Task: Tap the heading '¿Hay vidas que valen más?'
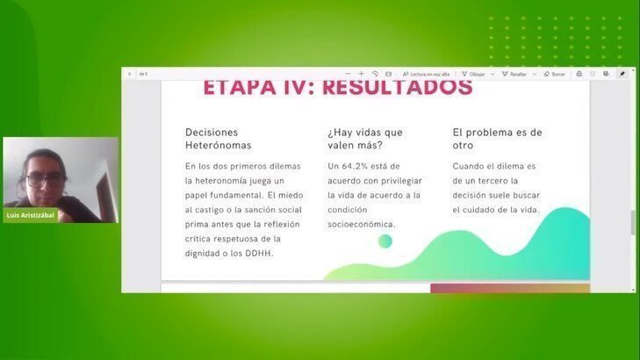(366, 138)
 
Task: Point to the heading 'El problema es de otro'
(497, 138)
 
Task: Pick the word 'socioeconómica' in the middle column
(361, 224)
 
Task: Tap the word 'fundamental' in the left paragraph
(241, 195)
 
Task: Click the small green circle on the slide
(385, 241)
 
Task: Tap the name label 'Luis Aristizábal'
(31, 215)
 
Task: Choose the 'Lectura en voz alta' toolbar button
(427, 74)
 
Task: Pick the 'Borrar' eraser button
(555, 74)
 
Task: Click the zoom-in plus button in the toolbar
(361, 74)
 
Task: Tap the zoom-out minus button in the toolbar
(349, 74)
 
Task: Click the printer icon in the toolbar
(579, 74)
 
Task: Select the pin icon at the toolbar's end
(622, 74)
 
